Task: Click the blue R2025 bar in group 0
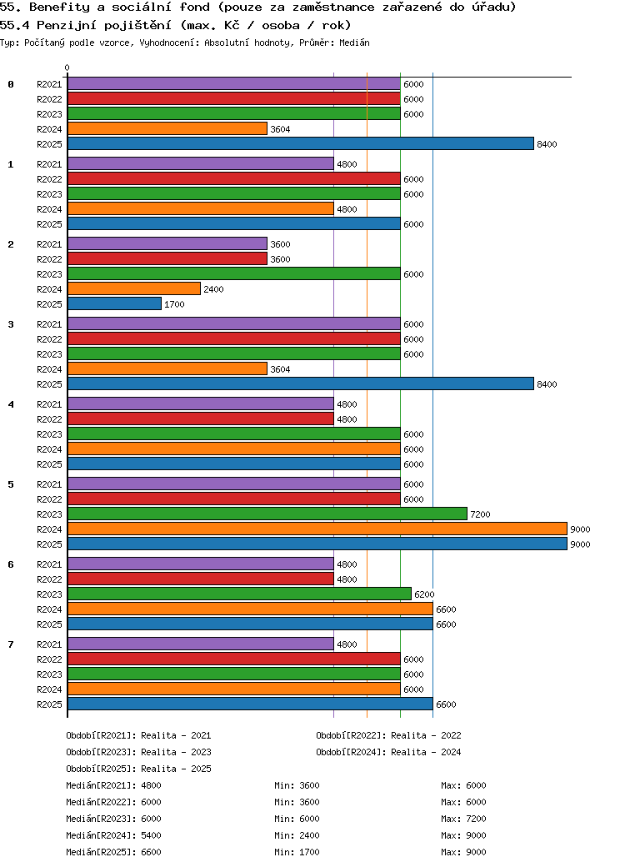[300, 144]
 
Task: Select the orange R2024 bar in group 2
[134, 289]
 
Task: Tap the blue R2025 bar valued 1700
[114, 304]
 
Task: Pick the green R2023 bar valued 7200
[267, 514]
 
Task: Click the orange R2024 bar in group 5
[317, 529]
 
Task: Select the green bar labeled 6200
[239, 594]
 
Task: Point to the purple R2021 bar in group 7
[200, 644]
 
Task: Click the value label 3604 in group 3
[280, 369]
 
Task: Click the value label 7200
[480, 514]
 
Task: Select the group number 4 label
[11, 404]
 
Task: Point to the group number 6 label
[11, 564]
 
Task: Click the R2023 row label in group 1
[49, 194]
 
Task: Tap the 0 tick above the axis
[67, 68]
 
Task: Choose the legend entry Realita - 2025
[138, 769]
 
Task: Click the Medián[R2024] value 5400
[151, 835]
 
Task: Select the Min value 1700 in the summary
[309, 852]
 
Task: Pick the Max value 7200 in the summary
[476, 819]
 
